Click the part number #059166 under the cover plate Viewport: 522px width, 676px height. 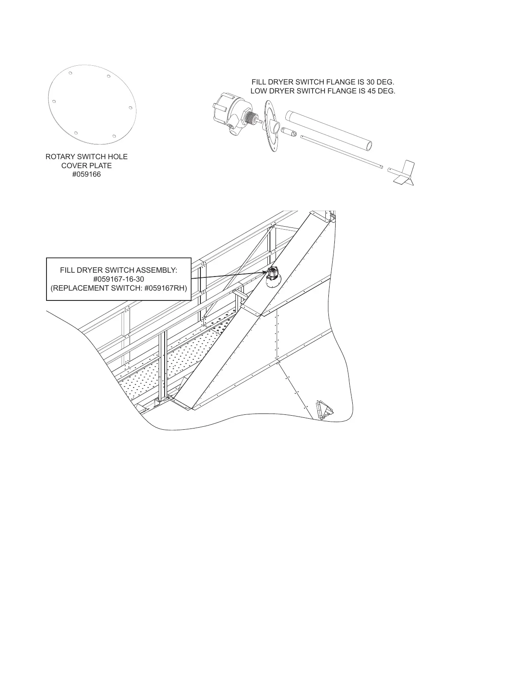(87, 175)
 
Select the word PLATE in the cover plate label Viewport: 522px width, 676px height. (101, 166)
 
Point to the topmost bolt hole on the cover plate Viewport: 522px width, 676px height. (71, 73)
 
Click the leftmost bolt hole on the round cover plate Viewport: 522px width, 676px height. (54, 102)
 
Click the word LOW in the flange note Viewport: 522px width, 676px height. (258, 91)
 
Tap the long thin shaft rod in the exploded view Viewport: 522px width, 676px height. (341, 152)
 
